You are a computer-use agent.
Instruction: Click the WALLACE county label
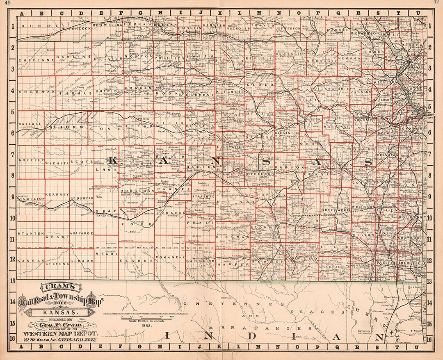pyautogui.click(x=30, y=123)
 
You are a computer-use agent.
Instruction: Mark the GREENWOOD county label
pyautogui.click(x=336, y=210)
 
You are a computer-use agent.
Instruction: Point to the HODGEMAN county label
pyautogui.click(x=137, y=191)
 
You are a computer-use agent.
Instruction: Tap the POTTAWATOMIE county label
pyautogui.click(x=331, y=88)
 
